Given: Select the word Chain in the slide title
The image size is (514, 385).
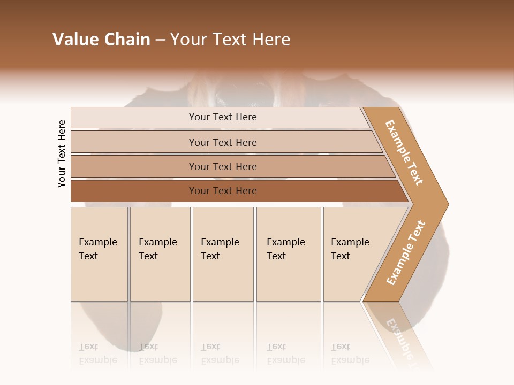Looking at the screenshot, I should [x=127, y=40].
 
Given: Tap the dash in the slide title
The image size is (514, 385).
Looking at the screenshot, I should [x=160, y=40].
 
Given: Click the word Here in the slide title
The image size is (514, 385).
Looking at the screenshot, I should [x=271, y=40].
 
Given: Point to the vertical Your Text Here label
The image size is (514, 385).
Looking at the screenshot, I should [x=62, y=153].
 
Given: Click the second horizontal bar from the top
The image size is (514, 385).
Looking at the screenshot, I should [x=223, y=142].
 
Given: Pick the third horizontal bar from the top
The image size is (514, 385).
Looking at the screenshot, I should [x=223, y=166].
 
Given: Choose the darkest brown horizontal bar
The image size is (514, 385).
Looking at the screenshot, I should [x=223, y=191].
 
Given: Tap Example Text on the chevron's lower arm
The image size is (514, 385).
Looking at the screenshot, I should [x=406, y=253].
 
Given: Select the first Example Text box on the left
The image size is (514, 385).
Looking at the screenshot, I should [x=99, y=254].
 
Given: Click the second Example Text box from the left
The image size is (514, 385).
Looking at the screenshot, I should [x=160, y=254].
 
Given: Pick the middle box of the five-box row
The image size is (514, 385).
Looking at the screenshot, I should [x=223, y=254].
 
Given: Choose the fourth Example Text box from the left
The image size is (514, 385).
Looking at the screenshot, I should [x=288, y=254].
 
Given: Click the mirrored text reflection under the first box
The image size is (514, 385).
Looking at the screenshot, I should [x=98, y=353].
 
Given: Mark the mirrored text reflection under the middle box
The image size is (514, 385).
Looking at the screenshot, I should [x=220, y=353].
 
